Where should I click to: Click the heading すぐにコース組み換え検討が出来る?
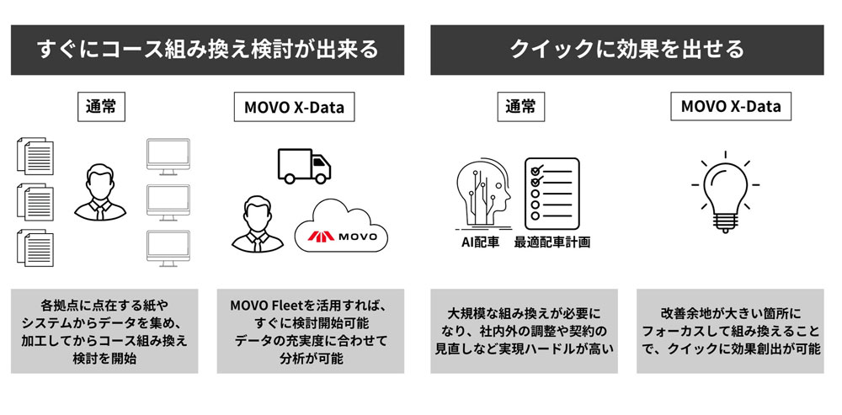[207, 50]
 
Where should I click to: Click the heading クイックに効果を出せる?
[626, 50]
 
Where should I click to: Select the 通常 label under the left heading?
[102, 107]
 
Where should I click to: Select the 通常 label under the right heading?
[520, 107]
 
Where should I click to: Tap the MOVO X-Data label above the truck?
[294, 107]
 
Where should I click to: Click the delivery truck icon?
[304, 166]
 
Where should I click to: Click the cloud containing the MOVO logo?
[341, 226]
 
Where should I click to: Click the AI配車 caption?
[481, 242]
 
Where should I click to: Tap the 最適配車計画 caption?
[552, 242]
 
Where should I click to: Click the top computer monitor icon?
[168, 157]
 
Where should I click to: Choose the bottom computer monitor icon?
[168, 248]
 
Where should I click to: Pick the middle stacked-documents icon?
[35, 202]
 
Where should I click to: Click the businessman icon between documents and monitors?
[100, 192]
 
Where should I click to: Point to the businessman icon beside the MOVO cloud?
[257, 224]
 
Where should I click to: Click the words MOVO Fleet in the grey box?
[261, 306]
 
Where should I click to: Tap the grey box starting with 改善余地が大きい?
[730, 332]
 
